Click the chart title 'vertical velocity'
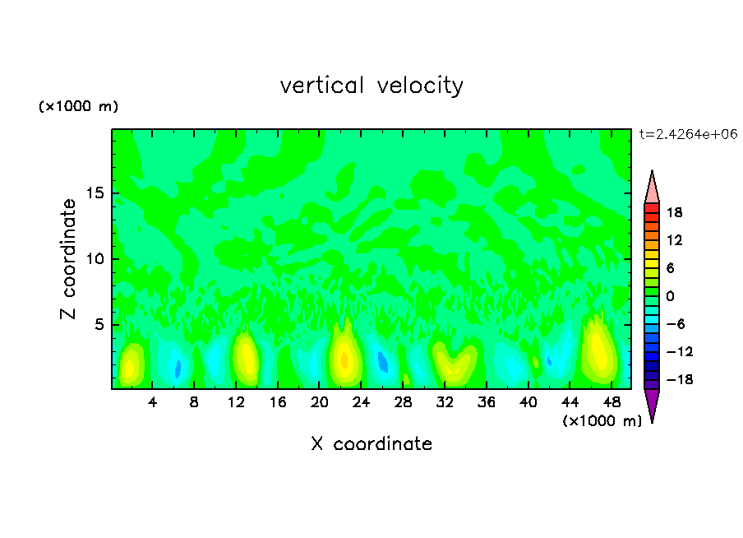tap(371, 86)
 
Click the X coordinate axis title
tap(371, 444)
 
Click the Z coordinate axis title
tap(69, 259)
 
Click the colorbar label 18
tap(675, 212)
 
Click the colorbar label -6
tap(675, 324)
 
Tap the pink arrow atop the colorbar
tap(652, 187)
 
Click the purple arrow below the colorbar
tap(652, 405)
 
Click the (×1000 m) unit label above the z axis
tap(78, 107)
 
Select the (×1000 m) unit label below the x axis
tap(602, 420)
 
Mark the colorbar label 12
tap(675, 240)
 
